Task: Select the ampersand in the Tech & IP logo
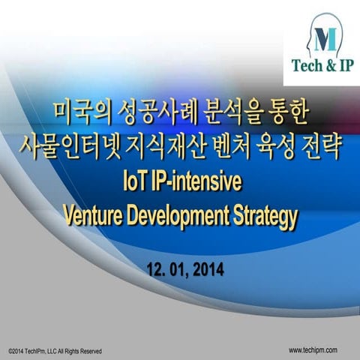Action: (331, 64)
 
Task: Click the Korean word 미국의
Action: (82, 115)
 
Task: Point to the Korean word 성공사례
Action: (155, 115)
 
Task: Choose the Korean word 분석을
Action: (231, 115)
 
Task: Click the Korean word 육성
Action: (271, 147)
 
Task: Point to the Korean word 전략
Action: (319, 147)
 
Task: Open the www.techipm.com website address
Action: (313, 350)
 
